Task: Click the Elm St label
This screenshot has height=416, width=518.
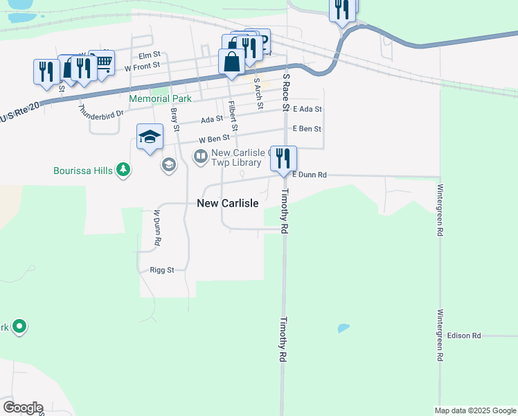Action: [149, 54]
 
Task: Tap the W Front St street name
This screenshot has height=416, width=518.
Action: [142, 67]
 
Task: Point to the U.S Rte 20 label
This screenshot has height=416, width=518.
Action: [21, 112]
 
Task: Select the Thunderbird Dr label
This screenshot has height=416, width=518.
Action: [101, 110]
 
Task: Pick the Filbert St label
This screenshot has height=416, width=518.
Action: [233, 116]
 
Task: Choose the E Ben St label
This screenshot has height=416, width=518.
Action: [307, 129]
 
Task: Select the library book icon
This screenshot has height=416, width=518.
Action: [201, 157]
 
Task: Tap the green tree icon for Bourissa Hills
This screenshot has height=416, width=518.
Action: [123, 170]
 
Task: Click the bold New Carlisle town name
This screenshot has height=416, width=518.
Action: [228, 203]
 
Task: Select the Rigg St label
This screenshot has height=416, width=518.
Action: [161, 270]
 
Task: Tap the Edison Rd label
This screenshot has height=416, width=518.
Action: [464, 336]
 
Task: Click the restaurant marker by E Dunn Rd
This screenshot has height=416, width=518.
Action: [283, 159]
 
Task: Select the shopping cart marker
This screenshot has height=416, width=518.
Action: [102, 62]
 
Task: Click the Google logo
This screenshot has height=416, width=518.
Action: [23, 408]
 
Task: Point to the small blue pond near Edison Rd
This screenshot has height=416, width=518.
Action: [343, 328]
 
